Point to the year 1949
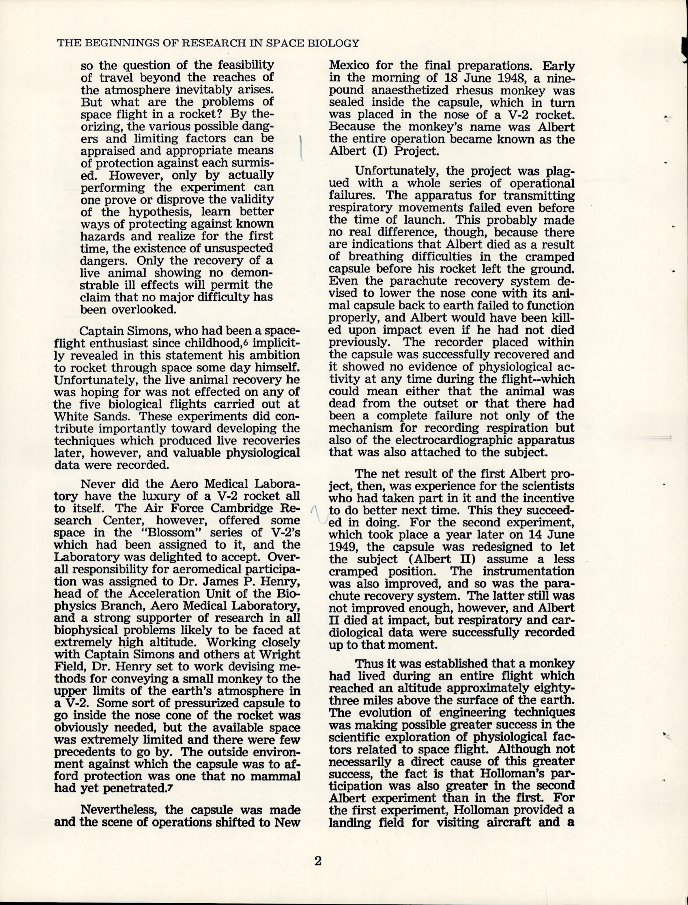coord(344,547)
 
